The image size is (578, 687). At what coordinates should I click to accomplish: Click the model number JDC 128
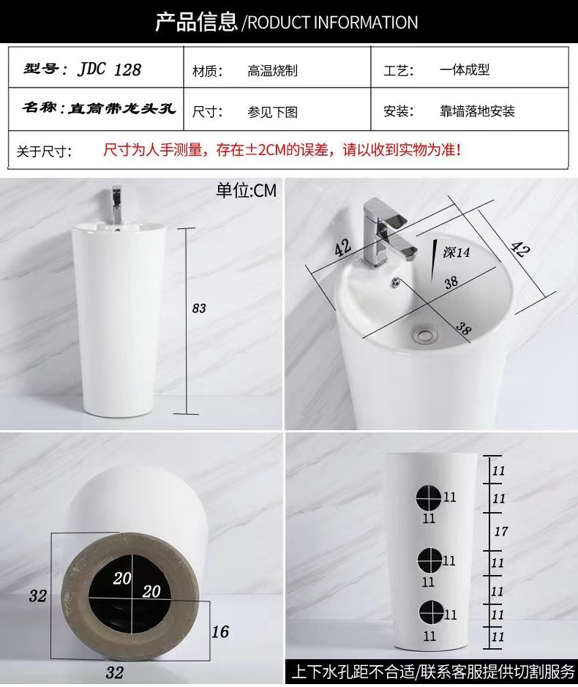110,70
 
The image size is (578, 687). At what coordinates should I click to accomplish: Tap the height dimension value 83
198,309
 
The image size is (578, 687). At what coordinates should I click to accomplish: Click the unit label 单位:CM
247,191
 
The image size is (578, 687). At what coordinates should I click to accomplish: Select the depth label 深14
456,252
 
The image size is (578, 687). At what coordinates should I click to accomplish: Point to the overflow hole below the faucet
396,282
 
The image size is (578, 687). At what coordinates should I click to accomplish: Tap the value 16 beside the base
220,632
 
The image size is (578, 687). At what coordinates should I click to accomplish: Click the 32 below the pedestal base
114,672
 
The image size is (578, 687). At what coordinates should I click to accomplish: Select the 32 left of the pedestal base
38,596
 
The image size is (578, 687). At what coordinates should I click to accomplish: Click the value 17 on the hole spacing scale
501,531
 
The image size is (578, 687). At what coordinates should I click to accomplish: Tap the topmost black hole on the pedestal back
429,498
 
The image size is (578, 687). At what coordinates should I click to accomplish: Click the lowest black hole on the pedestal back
432,612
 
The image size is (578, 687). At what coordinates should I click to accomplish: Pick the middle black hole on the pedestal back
430,560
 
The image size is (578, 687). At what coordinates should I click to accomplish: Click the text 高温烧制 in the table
273,70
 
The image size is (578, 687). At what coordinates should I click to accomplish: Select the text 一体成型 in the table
465,70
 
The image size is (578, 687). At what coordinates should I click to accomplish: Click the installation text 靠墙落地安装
477,111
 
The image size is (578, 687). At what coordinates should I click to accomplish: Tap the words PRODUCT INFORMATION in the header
333,23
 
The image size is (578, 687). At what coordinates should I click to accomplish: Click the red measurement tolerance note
282,150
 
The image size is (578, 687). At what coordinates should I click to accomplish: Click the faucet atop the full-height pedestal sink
116,204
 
